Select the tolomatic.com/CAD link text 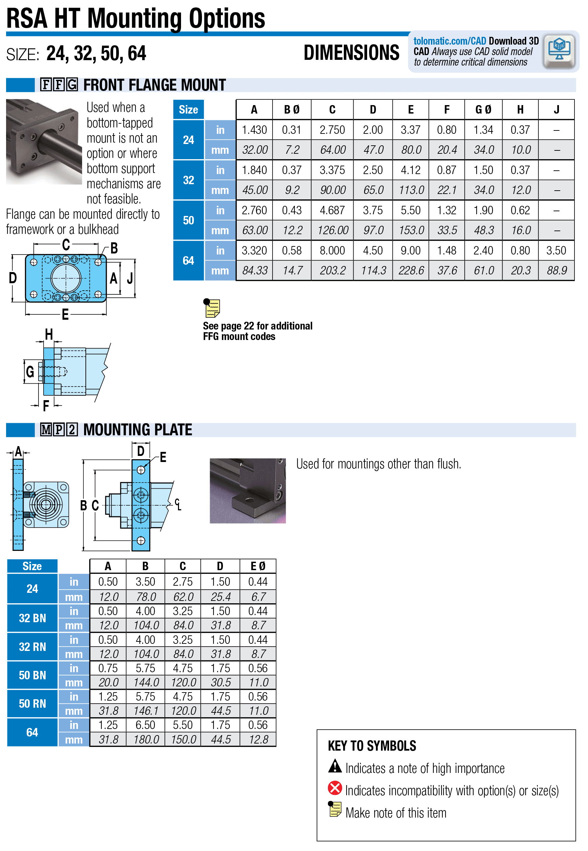pos(450,41)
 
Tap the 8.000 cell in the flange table pos(332,251)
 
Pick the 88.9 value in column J pos(556,270)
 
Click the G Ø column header pos(483,110)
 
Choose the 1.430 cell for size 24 pos(254,130)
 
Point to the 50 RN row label pos(32,704)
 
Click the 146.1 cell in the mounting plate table pos(146,711)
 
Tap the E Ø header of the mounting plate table pos(258,566)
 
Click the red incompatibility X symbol pos(334,788)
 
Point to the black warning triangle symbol pos(334,765)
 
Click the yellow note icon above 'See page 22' pos(212,308)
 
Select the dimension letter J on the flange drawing pos(130,278)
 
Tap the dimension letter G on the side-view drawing pos(30,371)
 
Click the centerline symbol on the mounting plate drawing pos(178,504)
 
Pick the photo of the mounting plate pos(248,490)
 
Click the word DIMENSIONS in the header pos(351,53)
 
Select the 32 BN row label pos(32,618)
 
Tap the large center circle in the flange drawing pos(66,278)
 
